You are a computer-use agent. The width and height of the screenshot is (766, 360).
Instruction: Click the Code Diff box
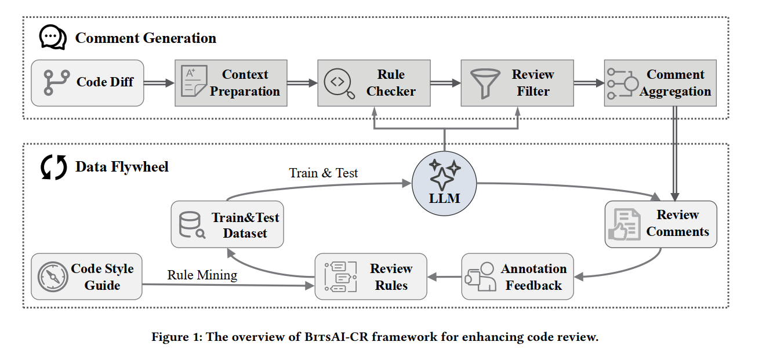coord(87,83)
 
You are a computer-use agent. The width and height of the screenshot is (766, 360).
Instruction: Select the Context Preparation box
coord(231,83)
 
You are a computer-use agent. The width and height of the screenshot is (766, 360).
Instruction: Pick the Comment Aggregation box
coord(660,83)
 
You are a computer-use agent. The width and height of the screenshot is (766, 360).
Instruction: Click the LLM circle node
coord(445,184)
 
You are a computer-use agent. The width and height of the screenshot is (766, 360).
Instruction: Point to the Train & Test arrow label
coord(324,173)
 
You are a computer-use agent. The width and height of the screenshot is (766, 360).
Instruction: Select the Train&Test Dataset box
coord(227,225)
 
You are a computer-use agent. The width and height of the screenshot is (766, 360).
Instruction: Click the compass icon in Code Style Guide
coord(53,277)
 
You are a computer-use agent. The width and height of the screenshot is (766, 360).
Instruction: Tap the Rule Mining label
coord(202,275)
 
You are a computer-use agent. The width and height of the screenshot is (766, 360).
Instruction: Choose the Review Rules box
coord(371,277)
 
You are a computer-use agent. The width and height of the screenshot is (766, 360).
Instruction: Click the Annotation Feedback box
coord(517,277)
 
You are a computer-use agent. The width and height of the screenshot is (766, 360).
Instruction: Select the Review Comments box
coord(660,224)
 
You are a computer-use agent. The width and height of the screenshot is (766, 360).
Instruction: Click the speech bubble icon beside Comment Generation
coord(53,38)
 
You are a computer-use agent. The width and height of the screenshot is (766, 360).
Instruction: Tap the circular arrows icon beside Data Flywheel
coord(53,167)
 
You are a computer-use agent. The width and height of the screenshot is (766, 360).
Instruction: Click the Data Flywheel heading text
coord(122,167)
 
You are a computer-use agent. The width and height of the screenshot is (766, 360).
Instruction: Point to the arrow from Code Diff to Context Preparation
coord(159,83)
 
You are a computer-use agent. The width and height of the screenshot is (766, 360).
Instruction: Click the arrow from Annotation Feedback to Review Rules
coord(444,277)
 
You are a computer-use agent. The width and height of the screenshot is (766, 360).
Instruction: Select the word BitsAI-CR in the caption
coord(337,337)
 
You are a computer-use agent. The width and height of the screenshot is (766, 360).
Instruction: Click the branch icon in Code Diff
coord(56,83)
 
